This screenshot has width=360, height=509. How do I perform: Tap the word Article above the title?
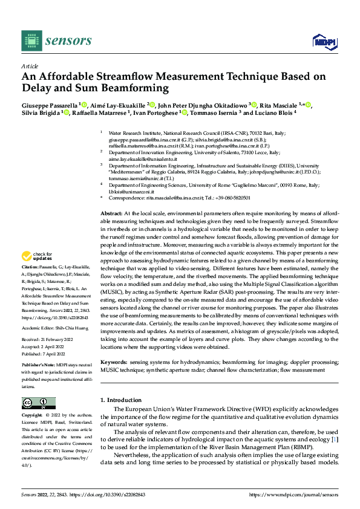click(x=30, y=65)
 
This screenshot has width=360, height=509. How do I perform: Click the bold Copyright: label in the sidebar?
click(x=31, y=416)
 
